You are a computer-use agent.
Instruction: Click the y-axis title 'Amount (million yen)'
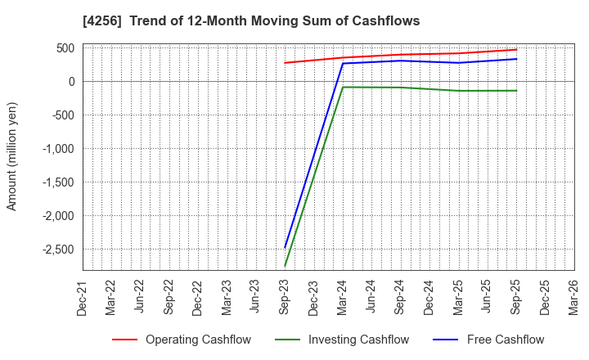(12, 156)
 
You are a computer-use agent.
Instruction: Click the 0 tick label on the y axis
(72, 81)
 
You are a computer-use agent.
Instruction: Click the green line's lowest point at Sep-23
(285, 265)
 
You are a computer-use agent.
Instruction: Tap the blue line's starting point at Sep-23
(285, 247)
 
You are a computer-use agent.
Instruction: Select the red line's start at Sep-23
(285, 63)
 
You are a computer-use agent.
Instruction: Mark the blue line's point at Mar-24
(343, 64)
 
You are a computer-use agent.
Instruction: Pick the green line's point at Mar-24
(343, 87)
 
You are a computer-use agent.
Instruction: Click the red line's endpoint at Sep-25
(516, 49)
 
